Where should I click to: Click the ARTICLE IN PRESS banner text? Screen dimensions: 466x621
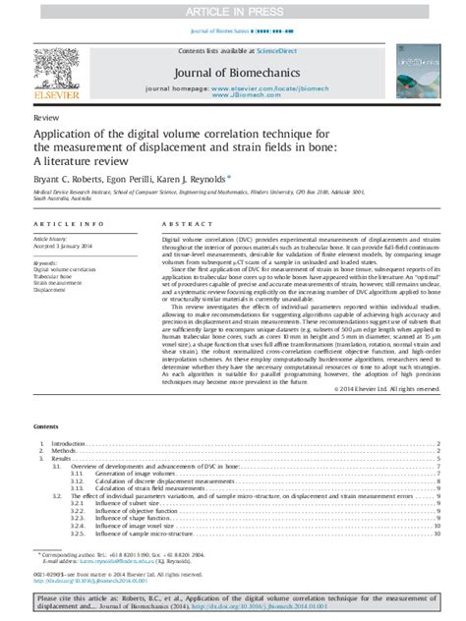tap(233, 10)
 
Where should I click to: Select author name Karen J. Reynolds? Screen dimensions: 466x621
tap(198, 179)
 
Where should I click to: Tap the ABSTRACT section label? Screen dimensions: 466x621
tap(186, 228)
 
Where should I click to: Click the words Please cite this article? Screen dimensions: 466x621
tap(83, 597)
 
